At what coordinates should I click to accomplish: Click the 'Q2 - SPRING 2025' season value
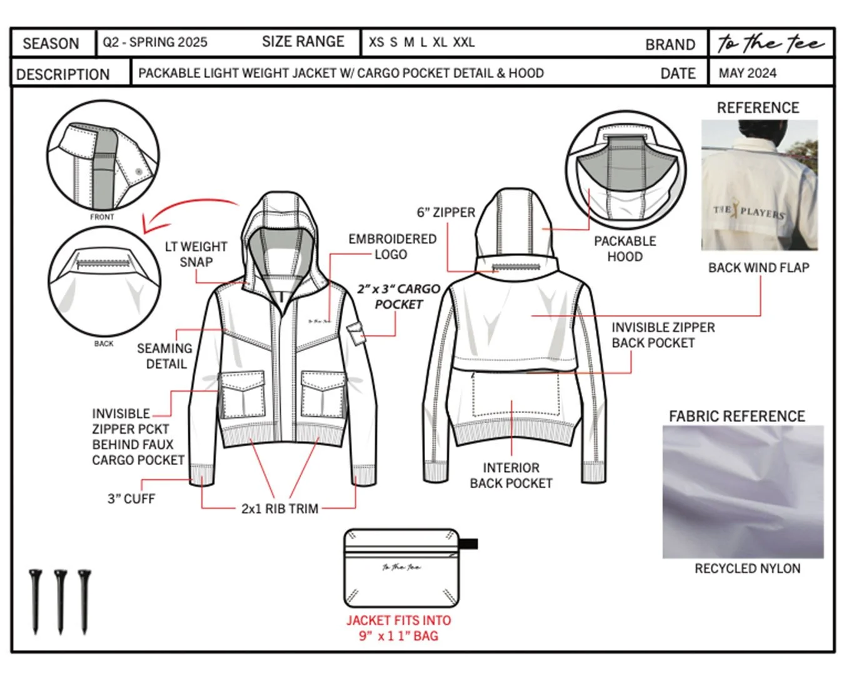(155, 42)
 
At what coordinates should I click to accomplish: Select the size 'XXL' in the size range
(464, 42)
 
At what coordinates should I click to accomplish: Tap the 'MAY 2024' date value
(747, 73)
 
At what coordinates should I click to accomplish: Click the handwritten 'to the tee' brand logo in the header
(770, 43)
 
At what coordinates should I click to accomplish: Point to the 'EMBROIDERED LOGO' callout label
(392, 247)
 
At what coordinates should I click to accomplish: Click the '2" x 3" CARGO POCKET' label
(398, 297)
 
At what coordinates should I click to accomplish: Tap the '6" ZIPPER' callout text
(446, 212)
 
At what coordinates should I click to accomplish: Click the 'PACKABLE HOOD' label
(625, 249)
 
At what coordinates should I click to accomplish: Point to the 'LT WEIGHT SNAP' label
(196, 254)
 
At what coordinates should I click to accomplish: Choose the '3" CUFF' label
(131, 499)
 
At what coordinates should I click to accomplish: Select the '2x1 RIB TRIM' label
(279, 509)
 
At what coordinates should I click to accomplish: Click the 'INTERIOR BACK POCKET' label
(511, 476)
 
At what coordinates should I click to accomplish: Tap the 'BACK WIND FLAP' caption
(758, 267)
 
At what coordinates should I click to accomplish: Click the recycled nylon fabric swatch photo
(743, 492)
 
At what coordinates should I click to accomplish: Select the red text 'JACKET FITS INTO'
(398, 621)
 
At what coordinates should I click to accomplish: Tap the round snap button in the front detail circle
(138, 171)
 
